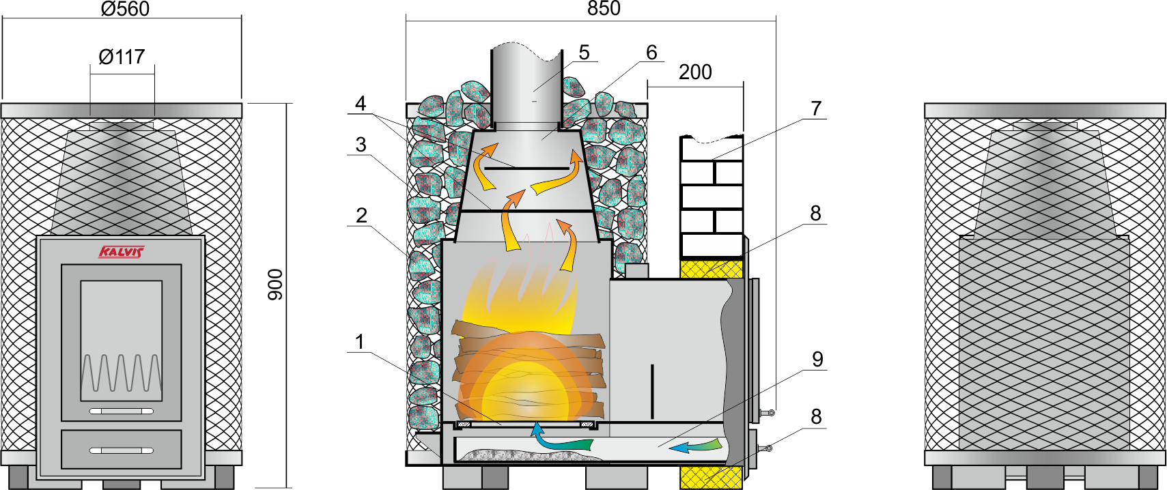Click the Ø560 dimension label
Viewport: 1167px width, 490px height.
tap(125, 9)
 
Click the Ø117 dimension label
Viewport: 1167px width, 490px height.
tap(122, 57)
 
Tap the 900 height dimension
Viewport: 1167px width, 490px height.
tap(275, 285)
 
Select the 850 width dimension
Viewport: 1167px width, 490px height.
tap(604, 9)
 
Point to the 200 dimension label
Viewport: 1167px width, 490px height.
tap(695, 72)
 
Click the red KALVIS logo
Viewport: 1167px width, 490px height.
tap(122, 253)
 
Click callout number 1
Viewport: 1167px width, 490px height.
tap(360, 342)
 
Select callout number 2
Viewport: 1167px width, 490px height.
tap(361, 216)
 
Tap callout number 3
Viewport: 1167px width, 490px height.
tap(361, 145)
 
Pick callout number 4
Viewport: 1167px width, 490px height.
tap(361, 104)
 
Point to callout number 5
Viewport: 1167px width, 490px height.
tap(584, 53)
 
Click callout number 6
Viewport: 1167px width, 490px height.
tap(651, 53)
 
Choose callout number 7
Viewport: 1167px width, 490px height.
tap(816, 109)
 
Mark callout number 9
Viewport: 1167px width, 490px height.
tap(817, 360)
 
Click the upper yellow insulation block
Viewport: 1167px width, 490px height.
tap(711, 268)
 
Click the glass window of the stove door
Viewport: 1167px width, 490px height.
tap(122, 340)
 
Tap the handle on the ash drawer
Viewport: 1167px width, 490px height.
tap(122, 450)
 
